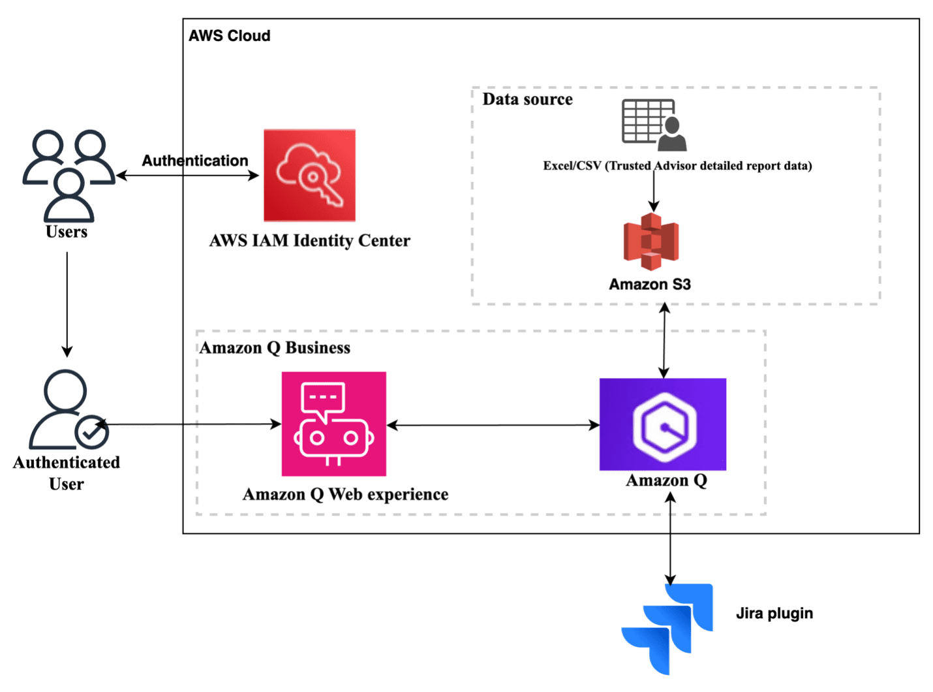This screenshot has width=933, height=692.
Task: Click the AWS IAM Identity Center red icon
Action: point(309,176)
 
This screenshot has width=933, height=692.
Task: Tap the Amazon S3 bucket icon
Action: point(651,242)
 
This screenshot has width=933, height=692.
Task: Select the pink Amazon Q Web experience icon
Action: point(333,424)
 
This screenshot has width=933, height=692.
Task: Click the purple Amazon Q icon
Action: point(663,424)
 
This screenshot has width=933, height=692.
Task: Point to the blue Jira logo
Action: point(667,627)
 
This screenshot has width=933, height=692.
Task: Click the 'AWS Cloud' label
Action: point(229,36)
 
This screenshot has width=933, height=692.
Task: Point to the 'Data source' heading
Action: point(527,99)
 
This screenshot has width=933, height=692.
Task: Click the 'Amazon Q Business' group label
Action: point(275,348)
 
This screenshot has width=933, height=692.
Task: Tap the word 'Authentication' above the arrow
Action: point(194,161)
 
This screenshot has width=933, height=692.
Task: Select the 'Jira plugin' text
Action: point(774,614)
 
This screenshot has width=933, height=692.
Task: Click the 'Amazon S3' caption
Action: point(650,285)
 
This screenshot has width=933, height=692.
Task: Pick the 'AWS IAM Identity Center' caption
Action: point(309,241)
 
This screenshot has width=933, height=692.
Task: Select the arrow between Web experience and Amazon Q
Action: point(493,425)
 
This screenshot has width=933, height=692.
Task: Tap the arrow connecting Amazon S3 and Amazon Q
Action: point(664,340)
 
